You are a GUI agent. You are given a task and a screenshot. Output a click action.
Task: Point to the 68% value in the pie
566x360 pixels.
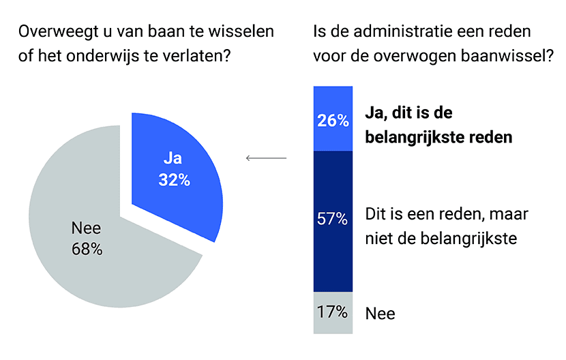(87, 249)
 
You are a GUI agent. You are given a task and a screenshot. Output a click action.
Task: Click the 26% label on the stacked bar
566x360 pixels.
(332, 121)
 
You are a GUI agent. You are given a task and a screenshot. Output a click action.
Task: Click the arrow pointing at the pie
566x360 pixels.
(265, 158)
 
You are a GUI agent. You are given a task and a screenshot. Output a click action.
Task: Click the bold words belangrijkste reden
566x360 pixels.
(439, 137)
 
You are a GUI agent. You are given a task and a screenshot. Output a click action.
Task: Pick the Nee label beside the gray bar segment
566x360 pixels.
(380, 314)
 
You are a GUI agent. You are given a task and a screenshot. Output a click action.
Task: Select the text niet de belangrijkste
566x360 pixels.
(440, 239)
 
